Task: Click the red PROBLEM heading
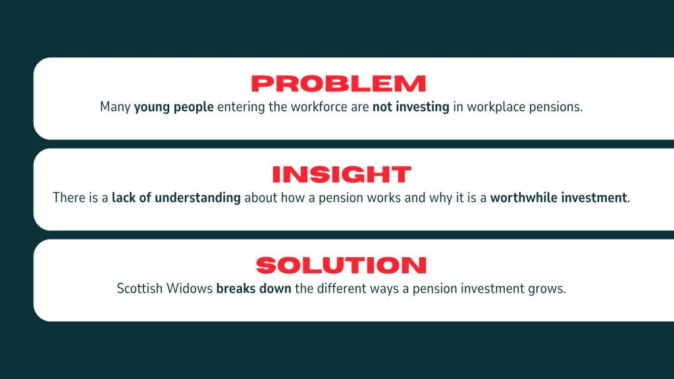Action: (x=338, y=84)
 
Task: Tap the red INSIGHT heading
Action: (x=342, y=174)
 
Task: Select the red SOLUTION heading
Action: (x=342, y=265)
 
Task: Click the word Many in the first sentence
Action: (x=115, y=107)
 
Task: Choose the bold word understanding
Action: (x=197, y=197)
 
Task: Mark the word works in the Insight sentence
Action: (x=385, y=197)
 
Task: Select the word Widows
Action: (x=190, y=288)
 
